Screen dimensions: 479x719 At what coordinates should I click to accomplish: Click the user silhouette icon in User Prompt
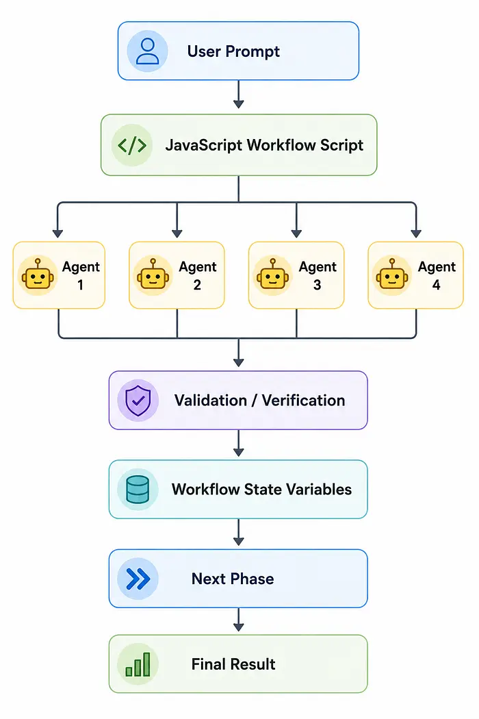coord(148,51)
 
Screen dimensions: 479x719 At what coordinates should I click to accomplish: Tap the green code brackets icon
coord(132,145)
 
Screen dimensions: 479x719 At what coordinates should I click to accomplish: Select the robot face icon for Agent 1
coord(38,275)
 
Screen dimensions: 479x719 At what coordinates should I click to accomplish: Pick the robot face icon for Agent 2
coord(153,275)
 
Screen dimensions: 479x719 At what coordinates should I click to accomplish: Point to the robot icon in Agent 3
coord(273,275)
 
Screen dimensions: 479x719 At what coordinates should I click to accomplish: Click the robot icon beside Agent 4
coord(392,275)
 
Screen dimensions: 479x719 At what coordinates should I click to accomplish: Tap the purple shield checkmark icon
coord(138,401)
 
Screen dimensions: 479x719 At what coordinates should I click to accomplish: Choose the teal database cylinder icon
coord(138,490)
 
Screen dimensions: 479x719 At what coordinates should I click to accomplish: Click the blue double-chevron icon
coord(138,579)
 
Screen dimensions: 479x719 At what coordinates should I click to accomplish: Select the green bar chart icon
coord(138,665)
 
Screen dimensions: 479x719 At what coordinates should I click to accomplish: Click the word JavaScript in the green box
coord(204,145)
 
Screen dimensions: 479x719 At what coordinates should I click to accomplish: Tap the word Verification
coord(303,401)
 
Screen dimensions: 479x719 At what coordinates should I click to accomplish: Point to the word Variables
coord(315,490)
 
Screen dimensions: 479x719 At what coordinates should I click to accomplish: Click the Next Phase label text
coord(233,579)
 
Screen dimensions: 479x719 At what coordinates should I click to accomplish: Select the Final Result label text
coord(233,664)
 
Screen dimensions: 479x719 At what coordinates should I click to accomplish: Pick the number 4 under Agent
coord(437,285)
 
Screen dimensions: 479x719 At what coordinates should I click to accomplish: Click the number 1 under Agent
coord(81,285)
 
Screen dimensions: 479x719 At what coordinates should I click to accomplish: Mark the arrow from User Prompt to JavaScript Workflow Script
coord(238,94)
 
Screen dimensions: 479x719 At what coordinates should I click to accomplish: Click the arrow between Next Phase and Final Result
coord(238,620)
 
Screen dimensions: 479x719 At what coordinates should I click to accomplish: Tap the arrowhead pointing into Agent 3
coord(296,234)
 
